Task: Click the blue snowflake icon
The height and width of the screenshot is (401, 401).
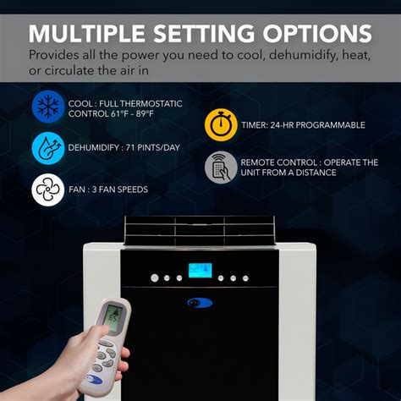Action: (x=47, y=107)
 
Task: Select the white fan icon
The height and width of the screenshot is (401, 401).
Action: (x=47, y=190)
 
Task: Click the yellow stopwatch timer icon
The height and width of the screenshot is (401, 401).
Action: (x=220, y=125)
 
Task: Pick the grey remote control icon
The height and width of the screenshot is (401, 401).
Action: (x=220, y=168)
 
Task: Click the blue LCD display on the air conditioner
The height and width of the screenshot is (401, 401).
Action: (x=200, y=273)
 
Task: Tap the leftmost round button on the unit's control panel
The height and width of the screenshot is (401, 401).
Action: (x=154, y=277)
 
